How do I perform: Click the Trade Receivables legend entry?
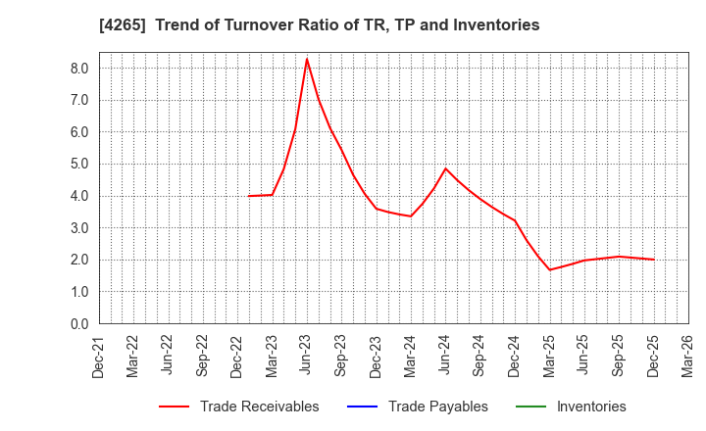[x=259, y=407]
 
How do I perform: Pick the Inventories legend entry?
[x=590, y=407]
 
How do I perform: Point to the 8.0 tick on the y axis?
[x=79, y=69]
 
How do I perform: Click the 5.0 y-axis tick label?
[x=79, y=165]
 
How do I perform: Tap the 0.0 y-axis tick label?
[x=79, y=324]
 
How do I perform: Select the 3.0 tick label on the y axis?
[x=79, y=228]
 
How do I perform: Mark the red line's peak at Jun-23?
[x=307, y=59]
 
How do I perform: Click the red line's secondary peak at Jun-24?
[x=445, y=168]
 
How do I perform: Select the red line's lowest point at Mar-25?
[x=549, y=270]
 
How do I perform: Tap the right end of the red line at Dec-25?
[x=653, y=260]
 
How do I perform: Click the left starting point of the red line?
[x=249, y=196]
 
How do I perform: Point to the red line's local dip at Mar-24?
[x=411, y=216]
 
